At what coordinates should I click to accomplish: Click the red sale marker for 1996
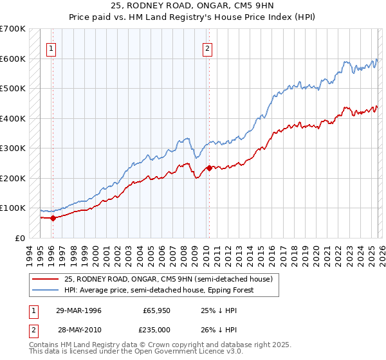(53, 218)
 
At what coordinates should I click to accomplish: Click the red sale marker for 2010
(209, 168)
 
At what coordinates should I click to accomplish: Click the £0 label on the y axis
(19, 238)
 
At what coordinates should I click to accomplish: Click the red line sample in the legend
(46, 279)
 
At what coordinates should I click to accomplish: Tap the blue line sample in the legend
(46, 290)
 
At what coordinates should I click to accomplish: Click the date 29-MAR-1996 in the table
(79, 310)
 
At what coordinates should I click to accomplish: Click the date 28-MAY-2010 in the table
(79, 329)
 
